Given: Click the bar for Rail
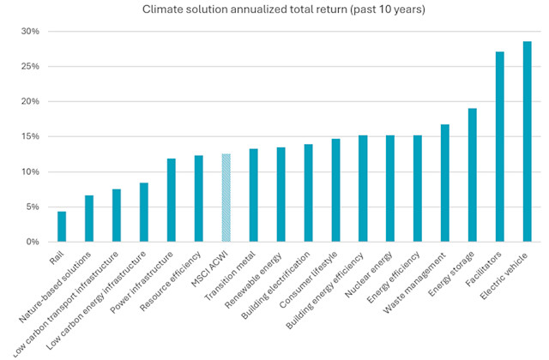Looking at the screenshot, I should [62, 226].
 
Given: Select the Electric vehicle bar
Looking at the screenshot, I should [527, 141].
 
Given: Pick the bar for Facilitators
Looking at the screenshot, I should [499, 147].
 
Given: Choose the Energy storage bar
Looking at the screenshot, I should [472, 175].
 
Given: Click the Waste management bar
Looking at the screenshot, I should [444, 183].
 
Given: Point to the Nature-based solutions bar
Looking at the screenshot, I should [89, 219].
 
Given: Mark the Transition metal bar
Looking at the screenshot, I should [253, 195].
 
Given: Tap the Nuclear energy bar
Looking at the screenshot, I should [390, 189].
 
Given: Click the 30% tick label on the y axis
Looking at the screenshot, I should [30, 32].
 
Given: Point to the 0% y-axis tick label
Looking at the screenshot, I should [33, 243].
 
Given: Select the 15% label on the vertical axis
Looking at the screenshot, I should [30, 137].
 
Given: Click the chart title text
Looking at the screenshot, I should [274, 10].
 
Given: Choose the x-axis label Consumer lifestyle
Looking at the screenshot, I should [317, 276].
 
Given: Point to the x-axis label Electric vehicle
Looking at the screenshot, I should [509, 273].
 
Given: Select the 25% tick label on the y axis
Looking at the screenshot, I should [30, 67].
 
